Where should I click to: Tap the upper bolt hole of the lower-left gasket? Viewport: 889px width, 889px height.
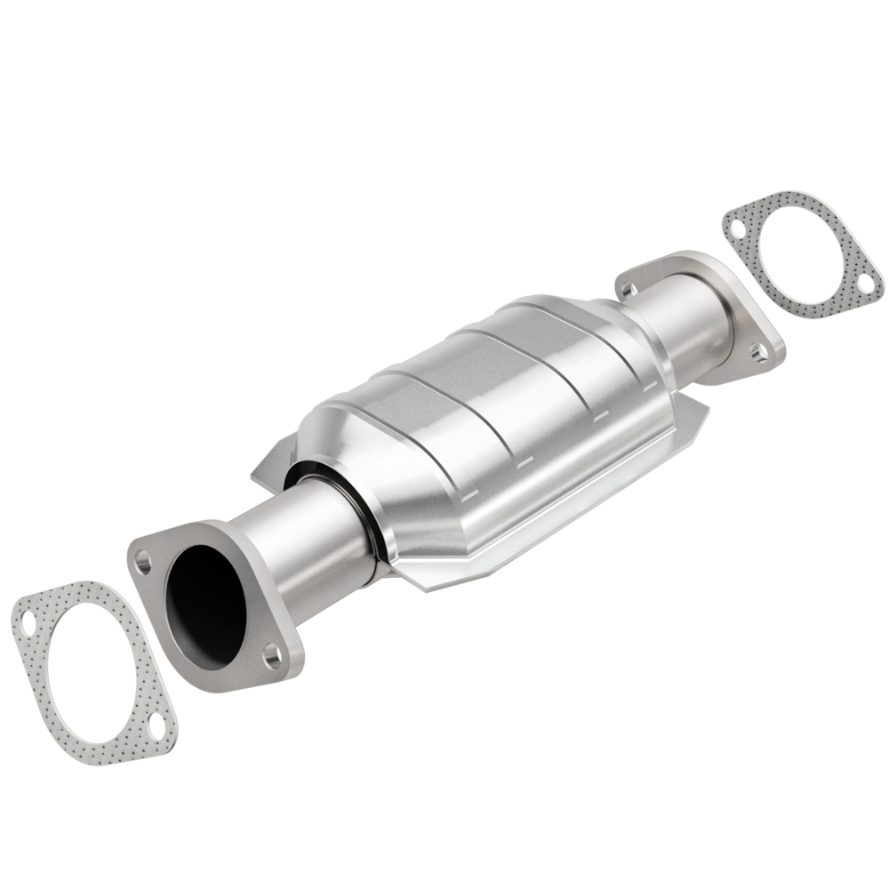point(29,619)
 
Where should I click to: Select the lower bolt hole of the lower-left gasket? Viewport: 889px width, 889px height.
point(156,725)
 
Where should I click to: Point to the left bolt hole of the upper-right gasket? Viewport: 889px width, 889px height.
point(737,228)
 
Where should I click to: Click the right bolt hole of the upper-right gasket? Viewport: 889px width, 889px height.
point(864,283)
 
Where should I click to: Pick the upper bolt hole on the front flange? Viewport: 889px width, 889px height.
point(142,560)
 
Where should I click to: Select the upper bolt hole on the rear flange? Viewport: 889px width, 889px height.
point(627,289)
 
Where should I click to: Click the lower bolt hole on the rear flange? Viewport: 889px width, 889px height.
point(758,353)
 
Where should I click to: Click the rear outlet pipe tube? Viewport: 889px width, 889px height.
point(676,320)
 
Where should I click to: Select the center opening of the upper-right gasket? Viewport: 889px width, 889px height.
point(800,253)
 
